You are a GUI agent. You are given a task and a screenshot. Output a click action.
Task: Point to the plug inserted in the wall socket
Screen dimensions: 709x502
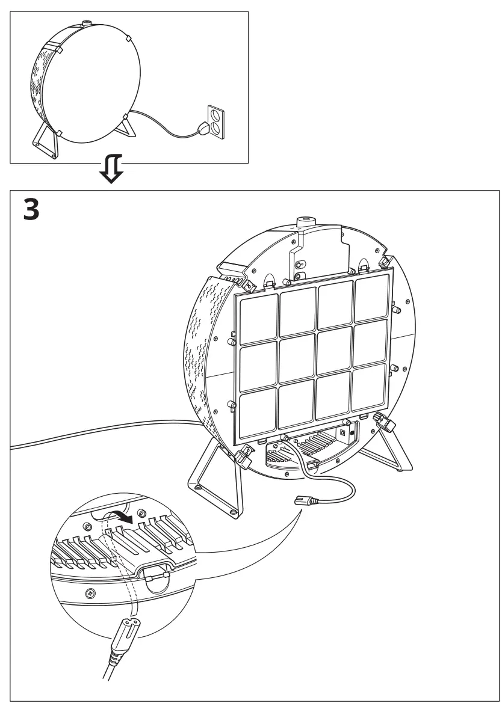(203, 127)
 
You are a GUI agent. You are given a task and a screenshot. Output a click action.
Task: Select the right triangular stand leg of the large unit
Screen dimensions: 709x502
(394, 445)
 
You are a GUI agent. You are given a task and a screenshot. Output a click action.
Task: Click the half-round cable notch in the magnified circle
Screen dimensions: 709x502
(156, 576)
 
